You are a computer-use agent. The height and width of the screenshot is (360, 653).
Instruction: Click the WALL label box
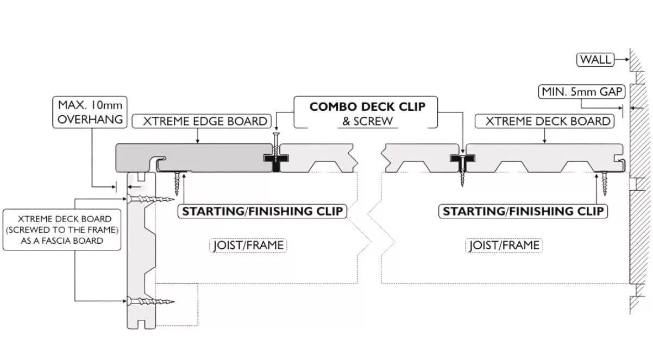[595, 60]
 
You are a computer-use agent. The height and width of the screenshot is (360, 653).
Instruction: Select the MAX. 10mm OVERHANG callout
[90, 112]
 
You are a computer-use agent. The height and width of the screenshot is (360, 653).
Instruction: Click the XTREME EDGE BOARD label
[205, 122]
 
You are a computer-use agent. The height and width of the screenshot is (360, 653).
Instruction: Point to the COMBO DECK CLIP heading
[367, 106]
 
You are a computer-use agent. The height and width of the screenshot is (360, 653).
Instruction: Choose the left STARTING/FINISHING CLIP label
[262, 211]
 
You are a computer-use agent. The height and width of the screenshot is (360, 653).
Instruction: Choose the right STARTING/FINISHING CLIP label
[523, 211]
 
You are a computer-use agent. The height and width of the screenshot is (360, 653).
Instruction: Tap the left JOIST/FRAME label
[248, 245]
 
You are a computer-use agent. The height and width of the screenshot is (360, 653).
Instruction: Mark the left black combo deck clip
[276, 159]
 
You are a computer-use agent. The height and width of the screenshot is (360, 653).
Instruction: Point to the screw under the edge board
[178, 182]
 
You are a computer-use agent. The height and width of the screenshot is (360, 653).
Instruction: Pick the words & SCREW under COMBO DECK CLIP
[367, 121]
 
